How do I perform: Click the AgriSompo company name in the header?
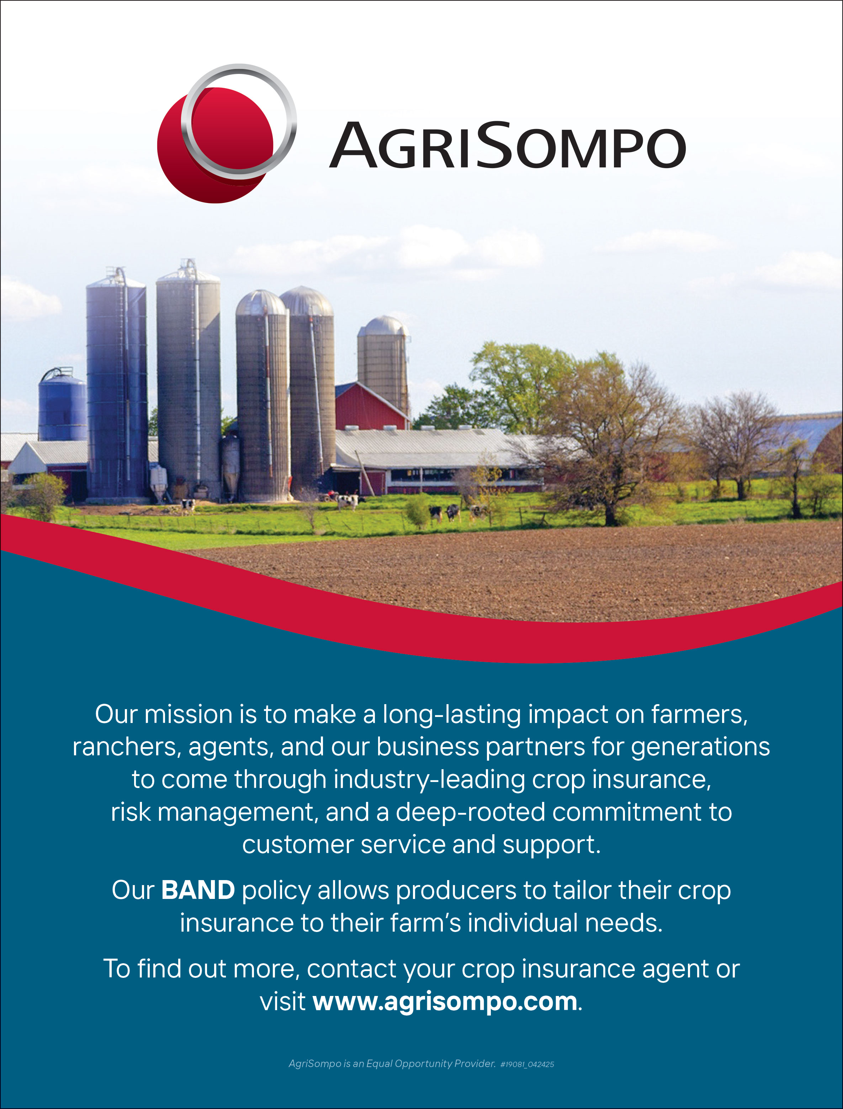[x=507, y=145]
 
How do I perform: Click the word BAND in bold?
[x=198, y=890]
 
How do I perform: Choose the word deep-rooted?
[x=470, y=813]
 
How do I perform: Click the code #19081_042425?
[x=527, y=1064]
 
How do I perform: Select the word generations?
[x=700, y=747]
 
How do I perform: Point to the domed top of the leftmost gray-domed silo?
[x=261, y=302]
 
